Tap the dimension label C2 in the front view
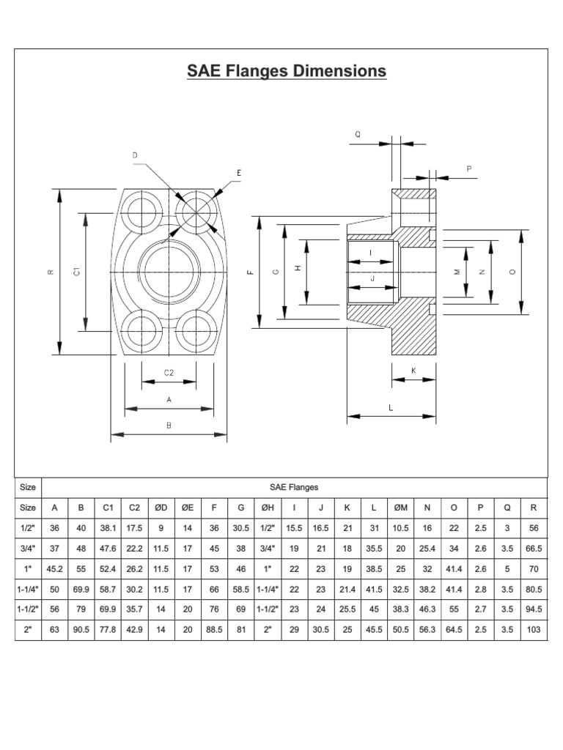pos(169,372)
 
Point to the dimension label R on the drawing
pos(51,272)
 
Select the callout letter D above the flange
pos(134,155)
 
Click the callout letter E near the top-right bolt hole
pos(238,173)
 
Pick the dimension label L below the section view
pos(391,408)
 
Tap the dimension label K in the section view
pos(413,371)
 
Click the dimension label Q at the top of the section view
pos(358,134)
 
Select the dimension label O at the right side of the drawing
pos(512,272)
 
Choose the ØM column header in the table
pos(401,507)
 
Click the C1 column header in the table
pos(108,507)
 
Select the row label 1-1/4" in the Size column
pos(28,589)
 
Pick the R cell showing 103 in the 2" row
pos(533,628)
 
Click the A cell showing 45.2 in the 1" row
pos(54,568)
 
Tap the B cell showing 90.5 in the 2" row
pos(81,628)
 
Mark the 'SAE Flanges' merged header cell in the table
pos(293,486)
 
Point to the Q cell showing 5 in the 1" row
pos(506,568)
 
